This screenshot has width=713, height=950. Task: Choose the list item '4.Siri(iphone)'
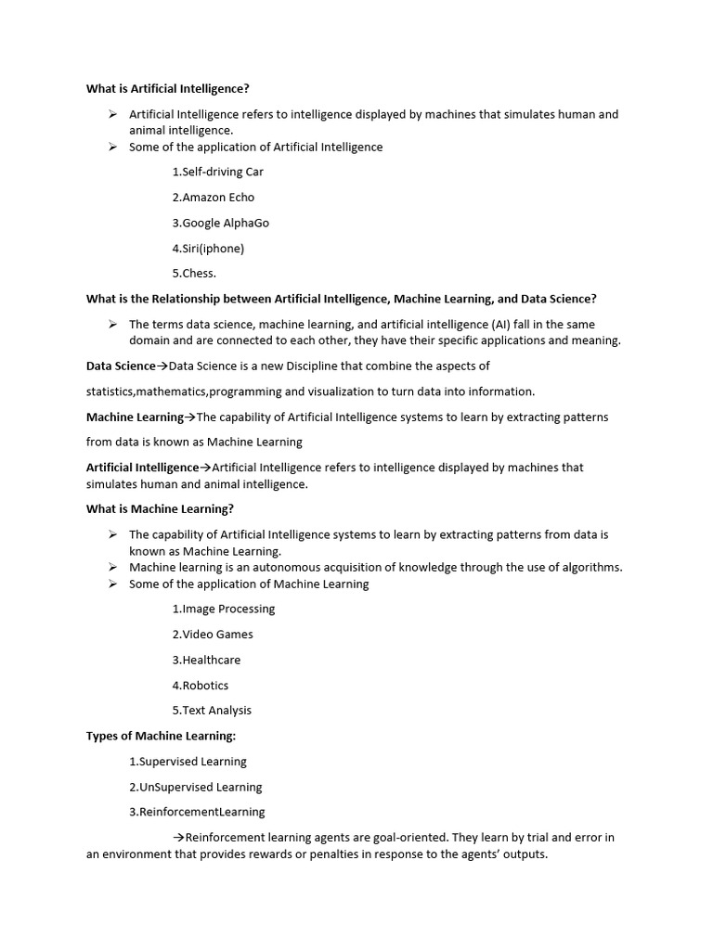pos(208,249)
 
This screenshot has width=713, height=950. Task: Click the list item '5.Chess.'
pos(194,274)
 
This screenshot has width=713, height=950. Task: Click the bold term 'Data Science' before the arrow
pos(121,366)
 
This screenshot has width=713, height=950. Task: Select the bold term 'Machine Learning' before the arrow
pos(135,417)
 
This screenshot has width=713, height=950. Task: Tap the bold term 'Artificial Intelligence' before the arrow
pos(142,468)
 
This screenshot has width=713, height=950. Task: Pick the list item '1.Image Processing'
pos(224,610)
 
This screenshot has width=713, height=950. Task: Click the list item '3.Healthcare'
pos(206,661)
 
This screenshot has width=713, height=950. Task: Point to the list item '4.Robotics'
pos(201,686)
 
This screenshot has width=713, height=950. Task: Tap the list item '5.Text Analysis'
pos(212,711)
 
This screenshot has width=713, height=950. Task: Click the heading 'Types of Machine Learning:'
pos(162,737)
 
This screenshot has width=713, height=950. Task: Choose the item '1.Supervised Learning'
pos(188,762)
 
